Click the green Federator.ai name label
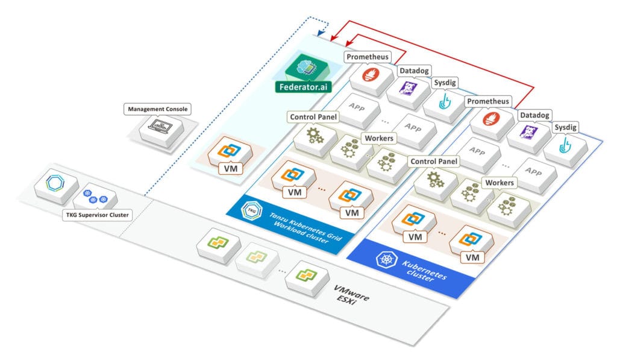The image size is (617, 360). pyautogui.click(x=305, y=87)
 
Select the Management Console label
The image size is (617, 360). pyautogui.click(x=158, y=109)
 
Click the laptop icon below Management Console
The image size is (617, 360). pyautogui.click(x=158, y=127)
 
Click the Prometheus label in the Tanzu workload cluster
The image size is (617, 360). pyautogui.click(x=368, y=57)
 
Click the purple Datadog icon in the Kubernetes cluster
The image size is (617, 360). pyautogui.click(x=528, y=133)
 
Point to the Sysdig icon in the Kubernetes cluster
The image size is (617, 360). pyautogui.click(x=566, y=145)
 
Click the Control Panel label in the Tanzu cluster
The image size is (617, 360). pyautogui.click(x=313, y=116)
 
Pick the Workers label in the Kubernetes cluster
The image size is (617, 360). pyautogui.click(x=500, y=182)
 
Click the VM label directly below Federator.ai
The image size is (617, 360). pyautogui.click(x=230, y=168)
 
